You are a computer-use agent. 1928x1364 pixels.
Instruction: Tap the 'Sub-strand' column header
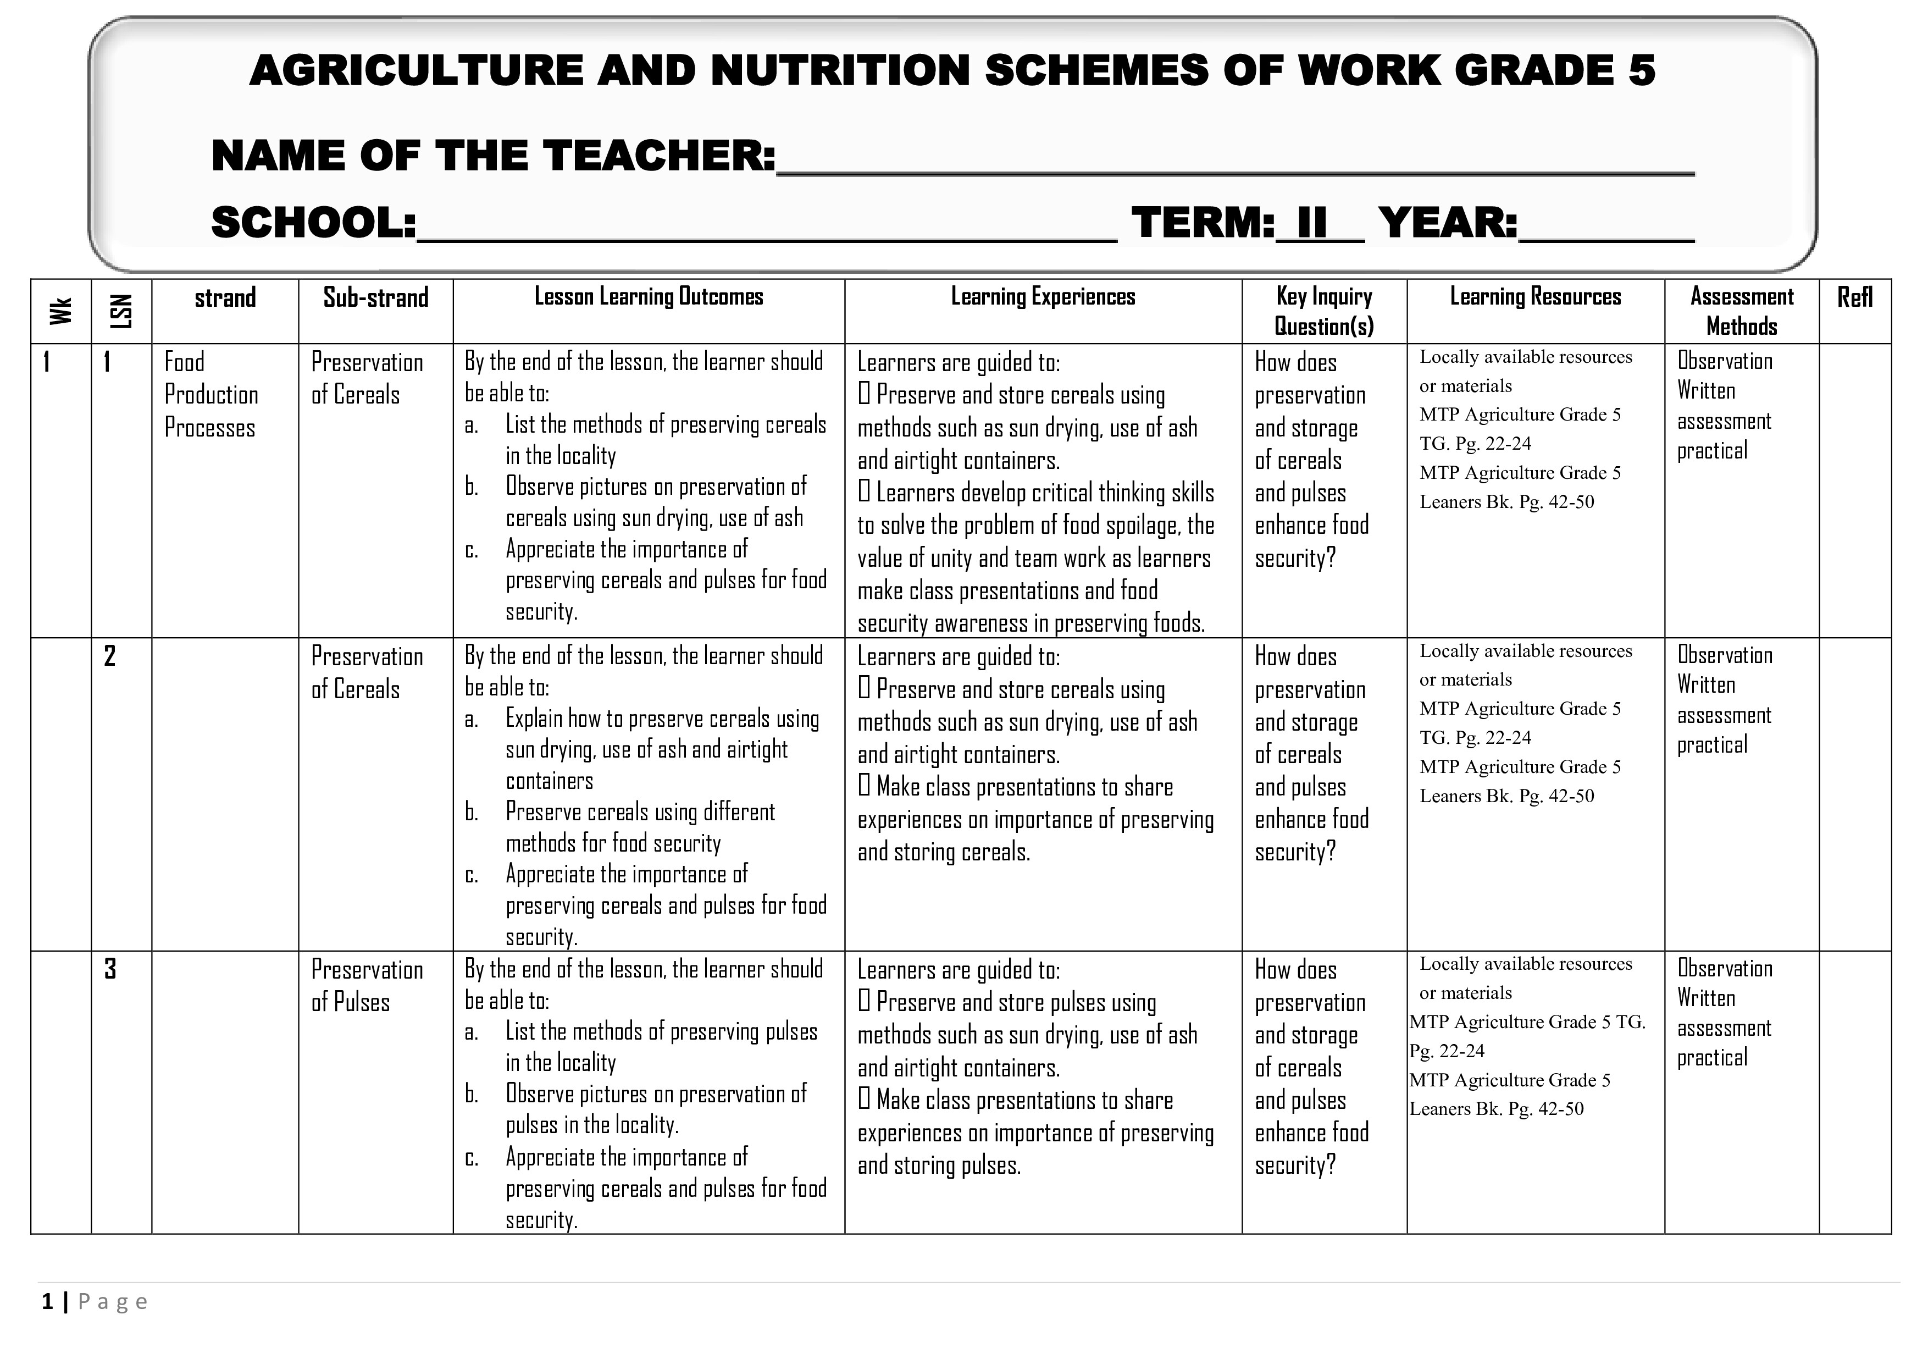[375, 297]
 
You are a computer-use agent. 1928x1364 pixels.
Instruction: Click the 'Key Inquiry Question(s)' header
[1323, 311]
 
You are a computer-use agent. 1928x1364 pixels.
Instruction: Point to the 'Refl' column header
[1854, 297]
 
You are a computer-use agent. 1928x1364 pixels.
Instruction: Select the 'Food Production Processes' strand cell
[210, 395]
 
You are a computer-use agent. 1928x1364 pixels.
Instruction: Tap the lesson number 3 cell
[110, 969]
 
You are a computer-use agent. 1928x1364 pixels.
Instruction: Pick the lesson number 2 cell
[110, 656]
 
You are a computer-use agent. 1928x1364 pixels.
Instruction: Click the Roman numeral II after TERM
[1312, 223]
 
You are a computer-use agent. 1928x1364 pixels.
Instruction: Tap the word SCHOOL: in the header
[313, 223]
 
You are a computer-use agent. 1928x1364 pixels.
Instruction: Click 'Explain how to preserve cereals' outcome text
[662, 719]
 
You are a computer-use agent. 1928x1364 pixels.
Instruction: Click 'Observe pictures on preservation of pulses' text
[655, 1095]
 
